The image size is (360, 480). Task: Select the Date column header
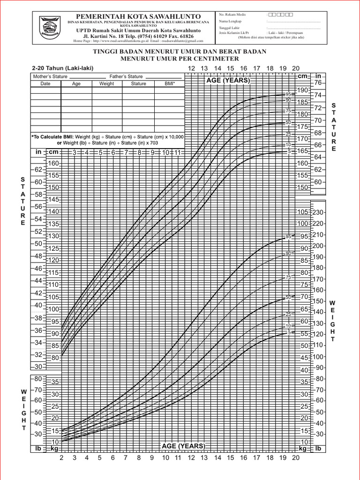point(45,83)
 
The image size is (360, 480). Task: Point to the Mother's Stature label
point(50,76)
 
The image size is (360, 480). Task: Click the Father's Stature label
point(126,76)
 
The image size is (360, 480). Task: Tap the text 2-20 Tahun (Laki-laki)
point(59,68)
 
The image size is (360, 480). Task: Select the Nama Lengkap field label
point(229,22)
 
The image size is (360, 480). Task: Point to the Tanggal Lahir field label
point(229,28)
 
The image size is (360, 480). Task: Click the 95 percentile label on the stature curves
point(288,95)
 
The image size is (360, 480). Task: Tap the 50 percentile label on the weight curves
point(288,297)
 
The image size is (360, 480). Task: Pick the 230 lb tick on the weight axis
point(319,212)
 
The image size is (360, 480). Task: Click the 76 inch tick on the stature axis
point(319,83)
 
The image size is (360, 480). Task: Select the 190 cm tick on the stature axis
point(302,90)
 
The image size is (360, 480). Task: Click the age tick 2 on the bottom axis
point(61,458)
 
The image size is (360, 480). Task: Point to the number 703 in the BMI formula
point(167,142)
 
